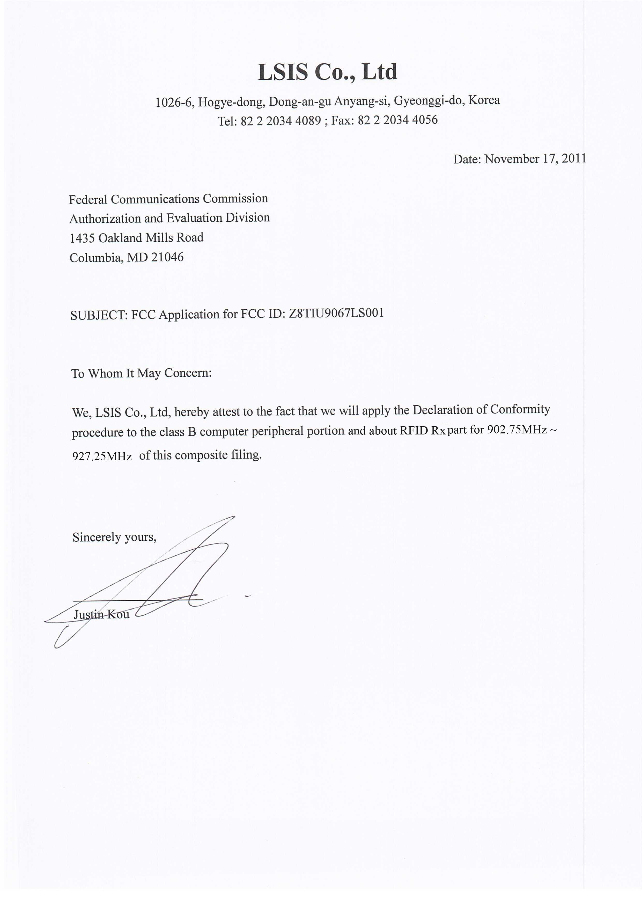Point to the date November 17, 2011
(x=535, y=159)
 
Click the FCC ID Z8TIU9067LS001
(x=336, y=313)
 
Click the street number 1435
(x=82, y=238)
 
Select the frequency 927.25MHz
(x=102, y=456)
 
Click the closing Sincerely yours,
(x=114, y=537)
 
